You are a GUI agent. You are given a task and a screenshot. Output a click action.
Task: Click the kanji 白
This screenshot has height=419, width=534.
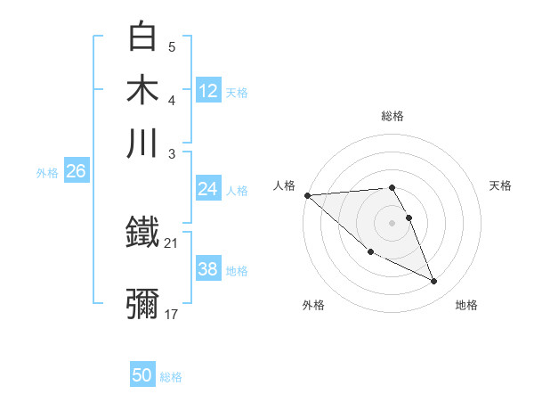tap(143, 37)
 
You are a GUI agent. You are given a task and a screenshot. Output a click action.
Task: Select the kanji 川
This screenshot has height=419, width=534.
tap(143, 142)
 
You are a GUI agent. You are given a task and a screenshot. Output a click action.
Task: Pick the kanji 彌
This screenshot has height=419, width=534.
tap(143, 304)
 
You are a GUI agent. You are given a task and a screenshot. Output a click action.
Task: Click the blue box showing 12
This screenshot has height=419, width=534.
tap(208, 90)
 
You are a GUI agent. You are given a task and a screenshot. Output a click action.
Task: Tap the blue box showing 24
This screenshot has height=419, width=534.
tap(208, 189)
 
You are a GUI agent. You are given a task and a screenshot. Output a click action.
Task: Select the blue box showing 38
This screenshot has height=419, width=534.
tap(208, 269)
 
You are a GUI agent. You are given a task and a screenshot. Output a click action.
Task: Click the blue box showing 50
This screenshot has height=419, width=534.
tap(142, 375)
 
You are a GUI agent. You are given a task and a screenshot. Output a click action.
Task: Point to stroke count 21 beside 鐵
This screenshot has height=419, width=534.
tap(172, 242)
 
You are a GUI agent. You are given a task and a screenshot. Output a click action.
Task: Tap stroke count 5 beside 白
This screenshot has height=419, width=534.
tap(172, 46)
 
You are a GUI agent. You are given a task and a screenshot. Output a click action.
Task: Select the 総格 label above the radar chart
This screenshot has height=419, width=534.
tap(392, 116)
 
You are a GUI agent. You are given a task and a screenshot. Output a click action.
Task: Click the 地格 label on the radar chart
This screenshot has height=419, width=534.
tap(466, 305)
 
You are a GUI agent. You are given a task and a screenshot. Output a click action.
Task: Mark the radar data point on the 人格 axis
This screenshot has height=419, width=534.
tap(307, 194)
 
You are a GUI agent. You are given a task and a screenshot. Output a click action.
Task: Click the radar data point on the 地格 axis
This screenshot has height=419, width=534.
tap(434, 282)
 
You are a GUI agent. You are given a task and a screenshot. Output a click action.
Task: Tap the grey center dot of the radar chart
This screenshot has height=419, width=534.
tap(392, 223)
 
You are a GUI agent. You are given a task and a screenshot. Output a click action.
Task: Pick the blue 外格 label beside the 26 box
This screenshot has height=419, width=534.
tap(47, 173)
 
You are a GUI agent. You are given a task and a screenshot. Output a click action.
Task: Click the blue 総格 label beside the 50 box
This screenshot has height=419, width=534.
tap(171, 377)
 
